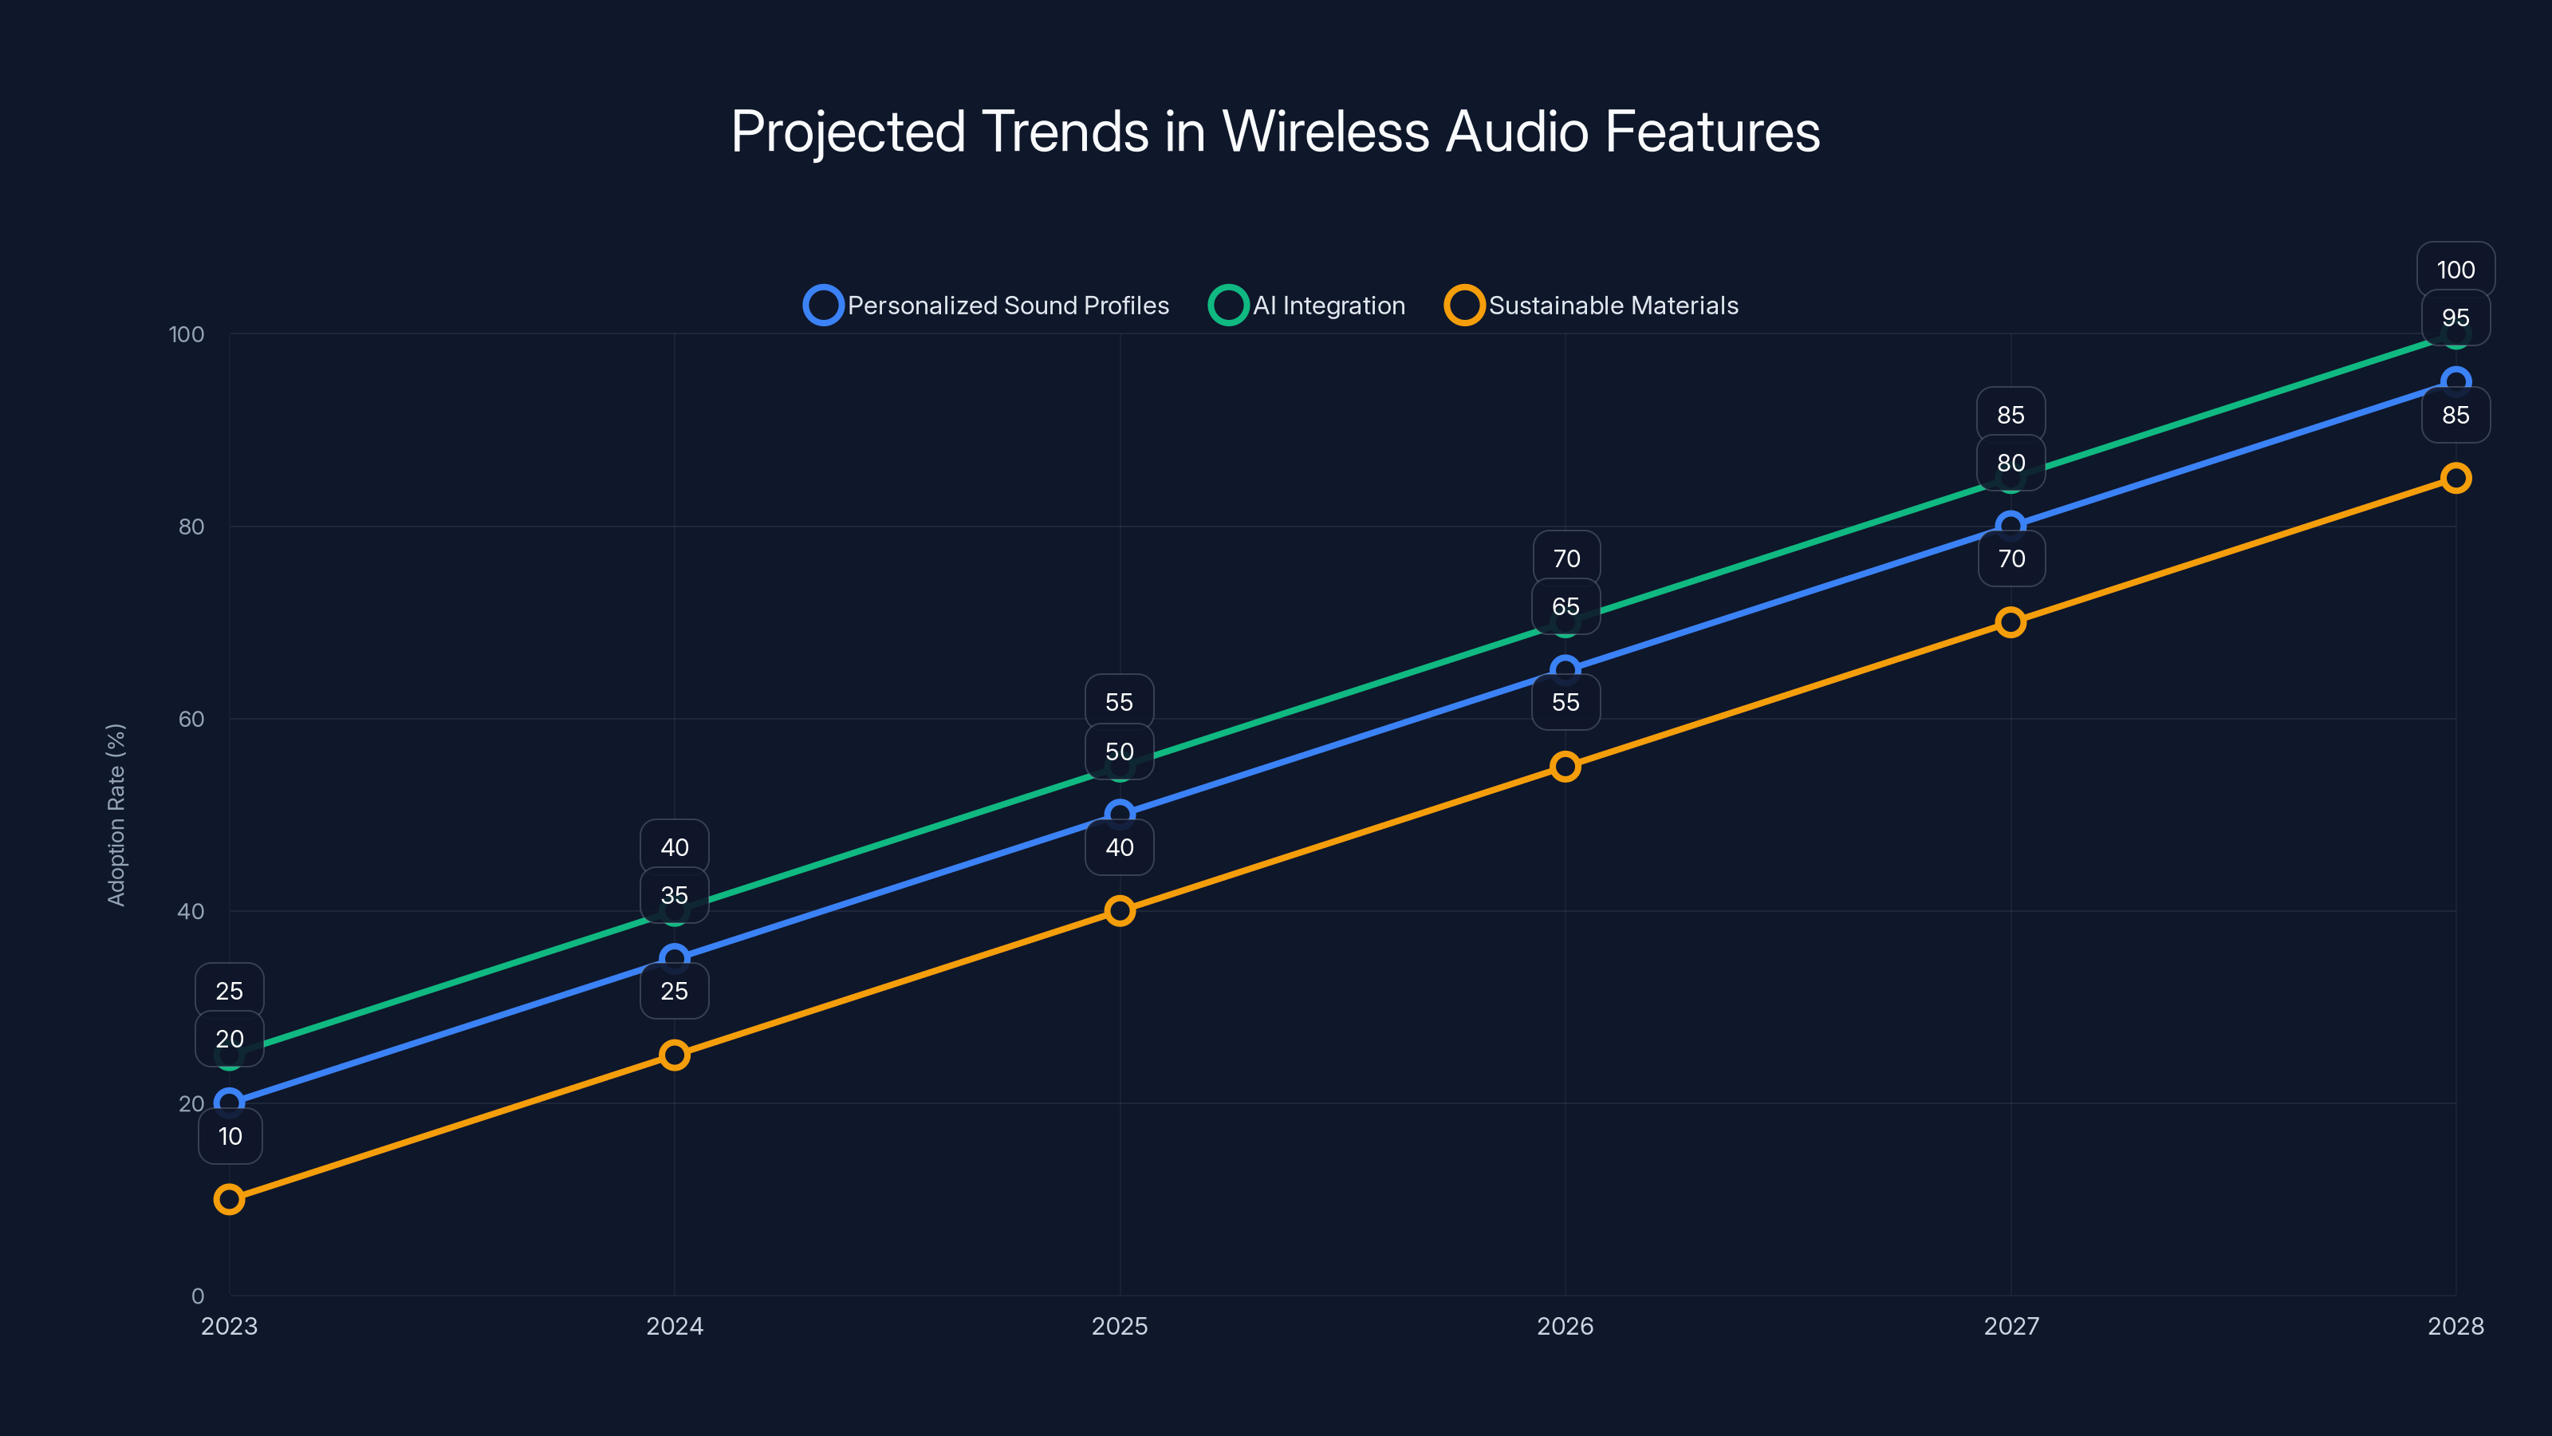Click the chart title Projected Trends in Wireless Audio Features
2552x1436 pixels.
(x=1275, y=132)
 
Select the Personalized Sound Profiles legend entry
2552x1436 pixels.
(x=986, y=306)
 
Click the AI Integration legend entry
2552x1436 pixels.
(x=1307, y=306)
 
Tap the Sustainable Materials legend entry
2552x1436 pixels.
(x=1591, y=306)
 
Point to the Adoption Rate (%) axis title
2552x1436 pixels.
(x=116, y=815)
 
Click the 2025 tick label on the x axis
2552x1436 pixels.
(x=1120, y=1326)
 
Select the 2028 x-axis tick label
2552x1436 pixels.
(x=2455, y=1326)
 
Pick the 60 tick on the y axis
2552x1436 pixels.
(x=191, y=719)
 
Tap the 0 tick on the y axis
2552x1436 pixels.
(x=198, y=1296)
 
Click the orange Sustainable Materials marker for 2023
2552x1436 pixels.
(x=229, y=1199)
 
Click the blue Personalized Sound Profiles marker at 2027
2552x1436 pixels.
(x=2010, y=525)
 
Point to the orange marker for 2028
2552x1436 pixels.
(x=2455, y=478)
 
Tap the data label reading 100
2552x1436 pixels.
(x=2455, y=270)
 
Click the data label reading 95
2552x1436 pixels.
(x=2455, y=318)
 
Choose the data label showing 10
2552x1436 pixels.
(x=230, y=1136)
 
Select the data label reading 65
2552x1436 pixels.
(x=1565, y=606)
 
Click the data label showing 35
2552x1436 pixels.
(x=675, y=895)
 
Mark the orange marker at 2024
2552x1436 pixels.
(x=675, y=1055)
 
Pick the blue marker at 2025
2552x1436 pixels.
(x=1120, y=814)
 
